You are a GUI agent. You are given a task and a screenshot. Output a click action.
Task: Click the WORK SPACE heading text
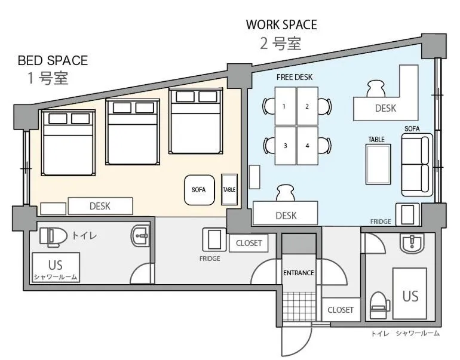[281, 25]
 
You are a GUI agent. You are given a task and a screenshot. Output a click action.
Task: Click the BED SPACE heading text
[53, 60]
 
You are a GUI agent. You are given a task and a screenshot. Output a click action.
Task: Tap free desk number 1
[285, 106]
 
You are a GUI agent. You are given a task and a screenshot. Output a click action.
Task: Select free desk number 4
[307, 146]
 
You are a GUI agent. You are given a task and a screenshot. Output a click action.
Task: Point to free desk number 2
[307, 106]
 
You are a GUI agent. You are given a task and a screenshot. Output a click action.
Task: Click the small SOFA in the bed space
[199, 189]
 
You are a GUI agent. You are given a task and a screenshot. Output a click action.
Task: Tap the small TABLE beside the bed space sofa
[229, 189]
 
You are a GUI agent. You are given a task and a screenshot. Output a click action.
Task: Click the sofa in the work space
[416, 165]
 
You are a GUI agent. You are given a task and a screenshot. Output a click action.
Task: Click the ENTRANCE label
[298, 273]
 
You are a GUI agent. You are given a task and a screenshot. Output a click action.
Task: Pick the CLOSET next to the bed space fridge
[249, 243]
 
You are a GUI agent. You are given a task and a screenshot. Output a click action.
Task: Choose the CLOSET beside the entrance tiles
[341, 310]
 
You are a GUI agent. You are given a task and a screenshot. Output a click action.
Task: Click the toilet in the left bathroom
[52, 236]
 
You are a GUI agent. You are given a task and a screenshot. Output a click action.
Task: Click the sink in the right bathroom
[412, 243]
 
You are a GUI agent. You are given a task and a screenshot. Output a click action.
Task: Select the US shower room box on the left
[56, 267]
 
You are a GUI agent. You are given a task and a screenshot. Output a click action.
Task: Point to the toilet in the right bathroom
[379, 303]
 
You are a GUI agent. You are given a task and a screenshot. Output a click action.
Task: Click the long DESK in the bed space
[100, 206]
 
